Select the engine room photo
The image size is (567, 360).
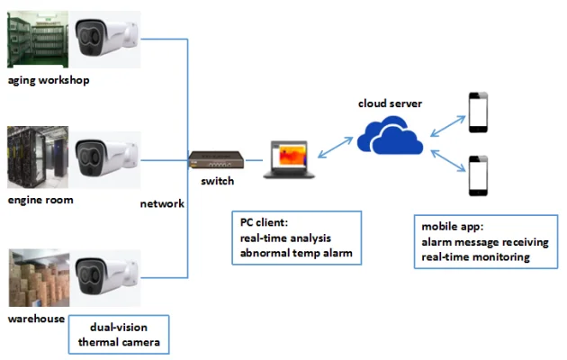37,158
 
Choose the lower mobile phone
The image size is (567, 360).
478,177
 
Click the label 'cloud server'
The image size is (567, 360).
390,103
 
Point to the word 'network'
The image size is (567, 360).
162,204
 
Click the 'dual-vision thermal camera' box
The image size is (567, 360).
119,334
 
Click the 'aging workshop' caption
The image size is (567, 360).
49,80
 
